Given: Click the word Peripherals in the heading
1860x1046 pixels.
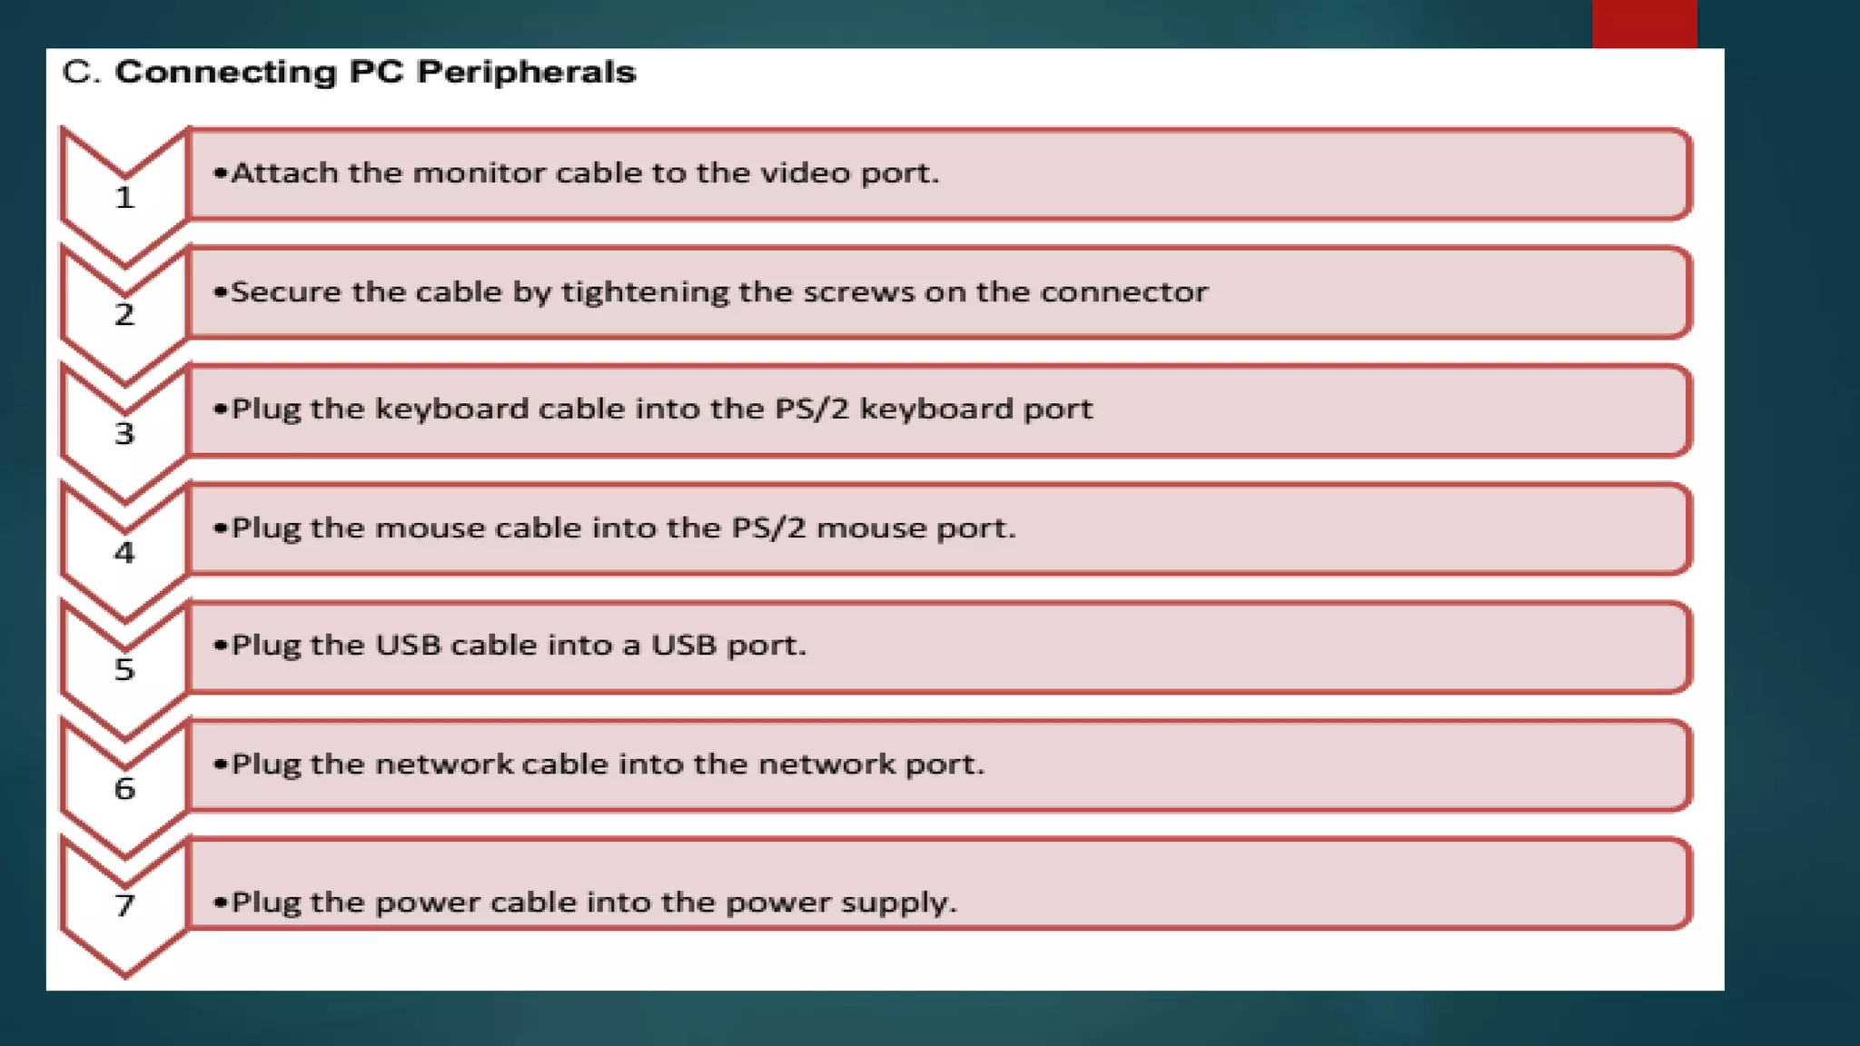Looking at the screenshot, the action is coord(526,73).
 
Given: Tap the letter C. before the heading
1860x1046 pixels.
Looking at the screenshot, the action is coord(81,73).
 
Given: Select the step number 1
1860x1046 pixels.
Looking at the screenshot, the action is coord(124,198).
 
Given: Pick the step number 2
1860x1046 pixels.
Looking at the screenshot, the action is coord(124,315).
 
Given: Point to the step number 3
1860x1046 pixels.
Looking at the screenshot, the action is coord(124,434).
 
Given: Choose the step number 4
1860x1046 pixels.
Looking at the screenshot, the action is coord(124,552).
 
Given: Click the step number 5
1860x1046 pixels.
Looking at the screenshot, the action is coord(124,670).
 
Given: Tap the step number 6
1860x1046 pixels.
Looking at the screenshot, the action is coord(124,788).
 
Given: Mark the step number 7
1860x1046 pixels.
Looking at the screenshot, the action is coord(124,905).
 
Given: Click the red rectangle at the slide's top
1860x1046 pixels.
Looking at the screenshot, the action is coord(1644,24).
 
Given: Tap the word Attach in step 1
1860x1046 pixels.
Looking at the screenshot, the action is coord(284,173).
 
